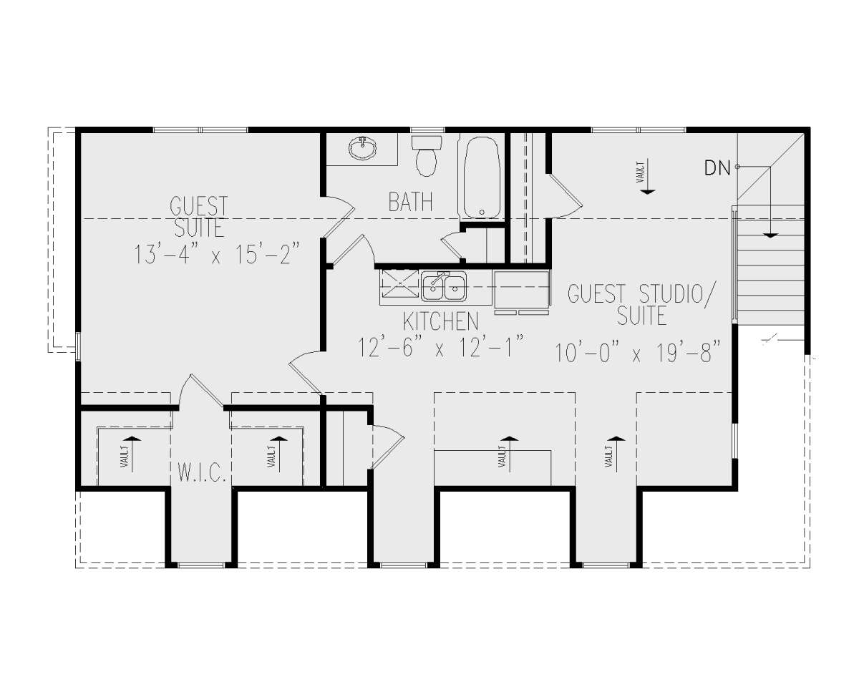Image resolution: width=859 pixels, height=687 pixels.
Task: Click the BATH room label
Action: pyautogui.click(x=411, y=202)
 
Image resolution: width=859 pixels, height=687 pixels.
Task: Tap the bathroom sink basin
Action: pyautogui.click(x=362, y=149)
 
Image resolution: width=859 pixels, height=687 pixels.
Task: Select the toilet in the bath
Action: pyautogui.click(x=427, y=156)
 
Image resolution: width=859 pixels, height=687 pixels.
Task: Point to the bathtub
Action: pyautogui.click(x=482, y=177)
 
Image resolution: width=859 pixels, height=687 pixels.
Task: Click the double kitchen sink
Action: pyautogui.click(x=444, y=286)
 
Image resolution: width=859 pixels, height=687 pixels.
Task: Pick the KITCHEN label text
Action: pyautogui.click(x=441, y=321)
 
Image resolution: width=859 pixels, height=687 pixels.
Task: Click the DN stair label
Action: pyautogui.click(x=717, y=167)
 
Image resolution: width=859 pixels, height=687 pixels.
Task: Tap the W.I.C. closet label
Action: pyautogui.click(x=203, y=472)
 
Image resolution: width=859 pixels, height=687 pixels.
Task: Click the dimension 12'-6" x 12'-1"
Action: pyautogui.click(x=440, y=347)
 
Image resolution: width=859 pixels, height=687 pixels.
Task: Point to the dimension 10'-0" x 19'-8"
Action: pyautogui.click(x=638, y=353)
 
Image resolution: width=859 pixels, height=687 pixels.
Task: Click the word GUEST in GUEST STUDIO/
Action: pyautogui.click(x=596, y=294)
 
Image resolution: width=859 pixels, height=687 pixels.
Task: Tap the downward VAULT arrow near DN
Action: pyautogui.click(x=647, y=176)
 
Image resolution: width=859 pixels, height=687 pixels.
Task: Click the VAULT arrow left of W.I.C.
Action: pyautogui.click(x=133, y=454)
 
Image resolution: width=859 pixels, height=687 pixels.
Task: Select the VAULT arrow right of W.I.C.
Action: pyautogui.click(x=279, y=454)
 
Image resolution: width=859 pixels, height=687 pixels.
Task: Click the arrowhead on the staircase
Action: pyautogui.click(x=771, y=235)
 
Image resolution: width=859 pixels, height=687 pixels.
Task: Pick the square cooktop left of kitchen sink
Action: pyautogui.click(x=399, y=283)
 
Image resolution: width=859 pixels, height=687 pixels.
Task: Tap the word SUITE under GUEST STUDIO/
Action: pyautogui.click(x=641, y=316)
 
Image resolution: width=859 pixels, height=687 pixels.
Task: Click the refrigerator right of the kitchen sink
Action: pyautogui.click(x=521, y=288)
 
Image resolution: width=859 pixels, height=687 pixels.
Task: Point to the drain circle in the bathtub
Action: pyautogui.click(x=482, y=212)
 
